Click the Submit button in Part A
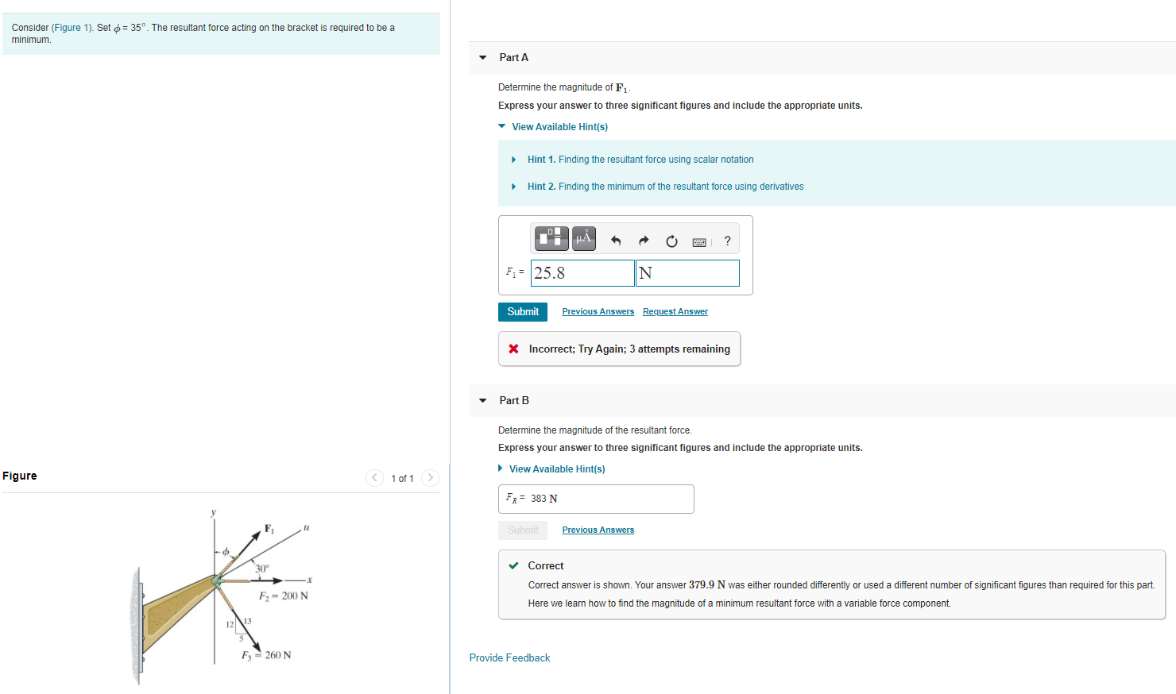522,312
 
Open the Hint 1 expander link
640,160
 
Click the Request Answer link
675,312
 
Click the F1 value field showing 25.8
582,273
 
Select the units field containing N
687,273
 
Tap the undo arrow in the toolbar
616,241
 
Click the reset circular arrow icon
671,241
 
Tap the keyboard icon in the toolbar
699,241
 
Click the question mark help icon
727,241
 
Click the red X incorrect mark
513,349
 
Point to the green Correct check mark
513,565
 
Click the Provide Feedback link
509,657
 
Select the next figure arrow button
430,477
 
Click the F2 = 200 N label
284,596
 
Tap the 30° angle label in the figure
261,569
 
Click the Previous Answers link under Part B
598,530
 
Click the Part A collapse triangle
482,57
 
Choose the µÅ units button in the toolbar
583,237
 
